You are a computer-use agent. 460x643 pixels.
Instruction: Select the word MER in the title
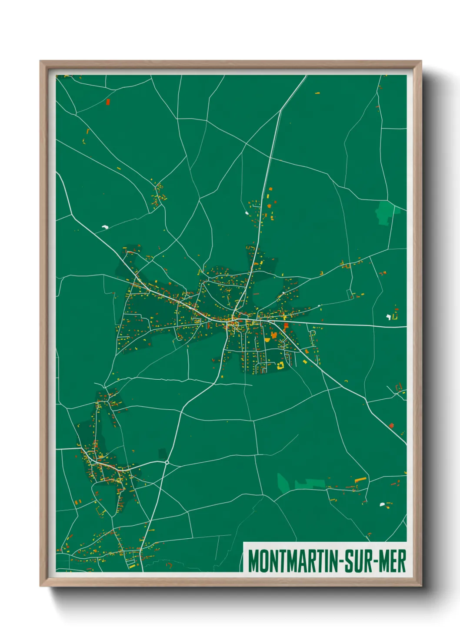pos(393,561)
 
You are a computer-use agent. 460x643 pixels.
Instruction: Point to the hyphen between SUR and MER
pos(376,562)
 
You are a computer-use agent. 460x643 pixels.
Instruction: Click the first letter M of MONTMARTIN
pos(253,561)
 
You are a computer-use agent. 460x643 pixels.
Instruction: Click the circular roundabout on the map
pos(167,462)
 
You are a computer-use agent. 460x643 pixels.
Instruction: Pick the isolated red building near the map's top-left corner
pos(108,102)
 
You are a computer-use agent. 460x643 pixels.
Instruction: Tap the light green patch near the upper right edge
pos(384,212)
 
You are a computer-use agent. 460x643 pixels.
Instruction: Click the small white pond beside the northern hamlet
pos(247,213)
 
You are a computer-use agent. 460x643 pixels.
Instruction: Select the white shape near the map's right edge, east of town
pos(388,317)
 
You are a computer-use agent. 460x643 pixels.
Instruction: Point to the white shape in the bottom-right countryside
pos(382,504)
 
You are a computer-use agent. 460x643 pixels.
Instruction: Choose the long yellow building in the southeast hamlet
pos(360,480)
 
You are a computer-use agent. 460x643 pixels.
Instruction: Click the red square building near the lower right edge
pos(391,425)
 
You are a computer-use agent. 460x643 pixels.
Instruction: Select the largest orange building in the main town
pos(274,335)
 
